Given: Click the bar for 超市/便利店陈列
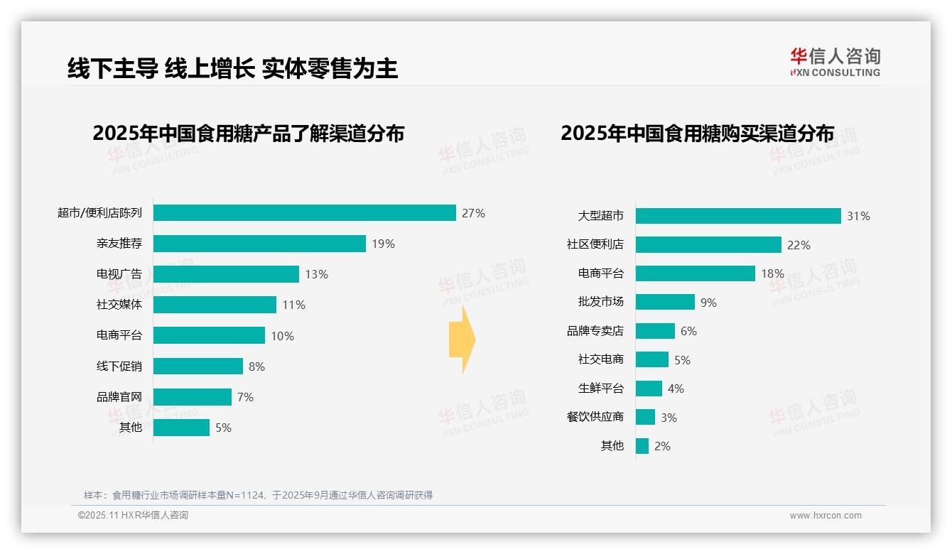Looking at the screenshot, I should (x=304, y=213).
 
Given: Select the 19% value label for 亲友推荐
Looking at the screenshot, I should (x=383, y=244).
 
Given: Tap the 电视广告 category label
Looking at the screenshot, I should (x=119, y=274).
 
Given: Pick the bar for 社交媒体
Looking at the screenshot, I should (x=215, y=305).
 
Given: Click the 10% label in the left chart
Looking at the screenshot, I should (x=282, y=336).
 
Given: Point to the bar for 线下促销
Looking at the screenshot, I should (x=198, y=366).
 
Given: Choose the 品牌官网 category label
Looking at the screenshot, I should (x=119, y=397).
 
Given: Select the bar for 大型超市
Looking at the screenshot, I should (x=737, y=216).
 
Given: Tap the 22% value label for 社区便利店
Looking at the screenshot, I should (x=799, y=245).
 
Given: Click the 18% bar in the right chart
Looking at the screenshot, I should (x=695, y=273).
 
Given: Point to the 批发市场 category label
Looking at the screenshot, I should (x=600, y=302).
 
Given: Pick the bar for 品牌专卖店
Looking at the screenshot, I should (x=655, y=331).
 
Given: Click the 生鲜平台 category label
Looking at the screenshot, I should (x=600, y=389).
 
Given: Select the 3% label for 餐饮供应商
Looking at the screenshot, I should (x=669, y=418).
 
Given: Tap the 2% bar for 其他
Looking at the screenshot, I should (x=642, y=446).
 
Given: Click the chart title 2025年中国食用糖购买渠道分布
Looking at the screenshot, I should (x=697, y=134).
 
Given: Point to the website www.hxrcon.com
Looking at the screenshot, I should (x=825, y=516).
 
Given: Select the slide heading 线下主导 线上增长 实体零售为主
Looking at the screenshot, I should (x=232, y=68).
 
